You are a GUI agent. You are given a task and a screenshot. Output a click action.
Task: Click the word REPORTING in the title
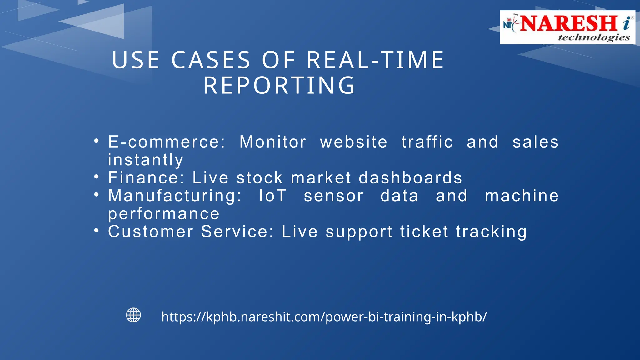[280, 85]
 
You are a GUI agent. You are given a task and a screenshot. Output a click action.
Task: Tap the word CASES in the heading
[211, 60]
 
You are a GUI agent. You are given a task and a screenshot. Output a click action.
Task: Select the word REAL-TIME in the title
[375, 60]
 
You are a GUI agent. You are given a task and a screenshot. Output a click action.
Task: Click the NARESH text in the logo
[569, 23]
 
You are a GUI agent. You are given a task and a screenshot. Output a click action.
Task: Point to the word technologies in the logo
[594, 37]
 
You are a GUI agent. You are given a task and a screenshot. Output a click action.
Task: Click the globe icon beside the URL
[133, 315]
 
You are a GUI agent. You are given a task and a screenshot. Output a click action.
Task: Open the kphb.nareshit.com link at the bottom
[324, 317]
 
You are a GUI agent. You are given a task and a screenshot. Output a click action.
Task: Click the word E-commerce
[166, 142]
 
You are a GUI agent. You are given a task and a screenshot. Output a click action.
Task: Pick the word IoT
[272, 196]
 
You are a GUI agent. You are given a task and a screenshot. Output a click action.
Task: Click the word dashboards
[410, 178]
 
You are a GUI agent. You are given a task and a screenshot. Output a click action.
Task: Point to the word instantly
[146, 160]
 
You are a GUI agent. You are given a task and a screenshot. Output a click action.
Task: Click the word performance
[164, 214]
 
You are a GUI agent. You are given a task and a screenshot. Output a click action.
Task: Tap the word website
[354, 142]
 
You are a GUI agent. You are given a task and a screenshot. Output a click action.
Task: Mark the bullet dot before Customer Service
[97, 231]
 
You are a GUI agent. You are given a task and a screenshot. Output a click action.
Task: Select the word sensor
[333, 196]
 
